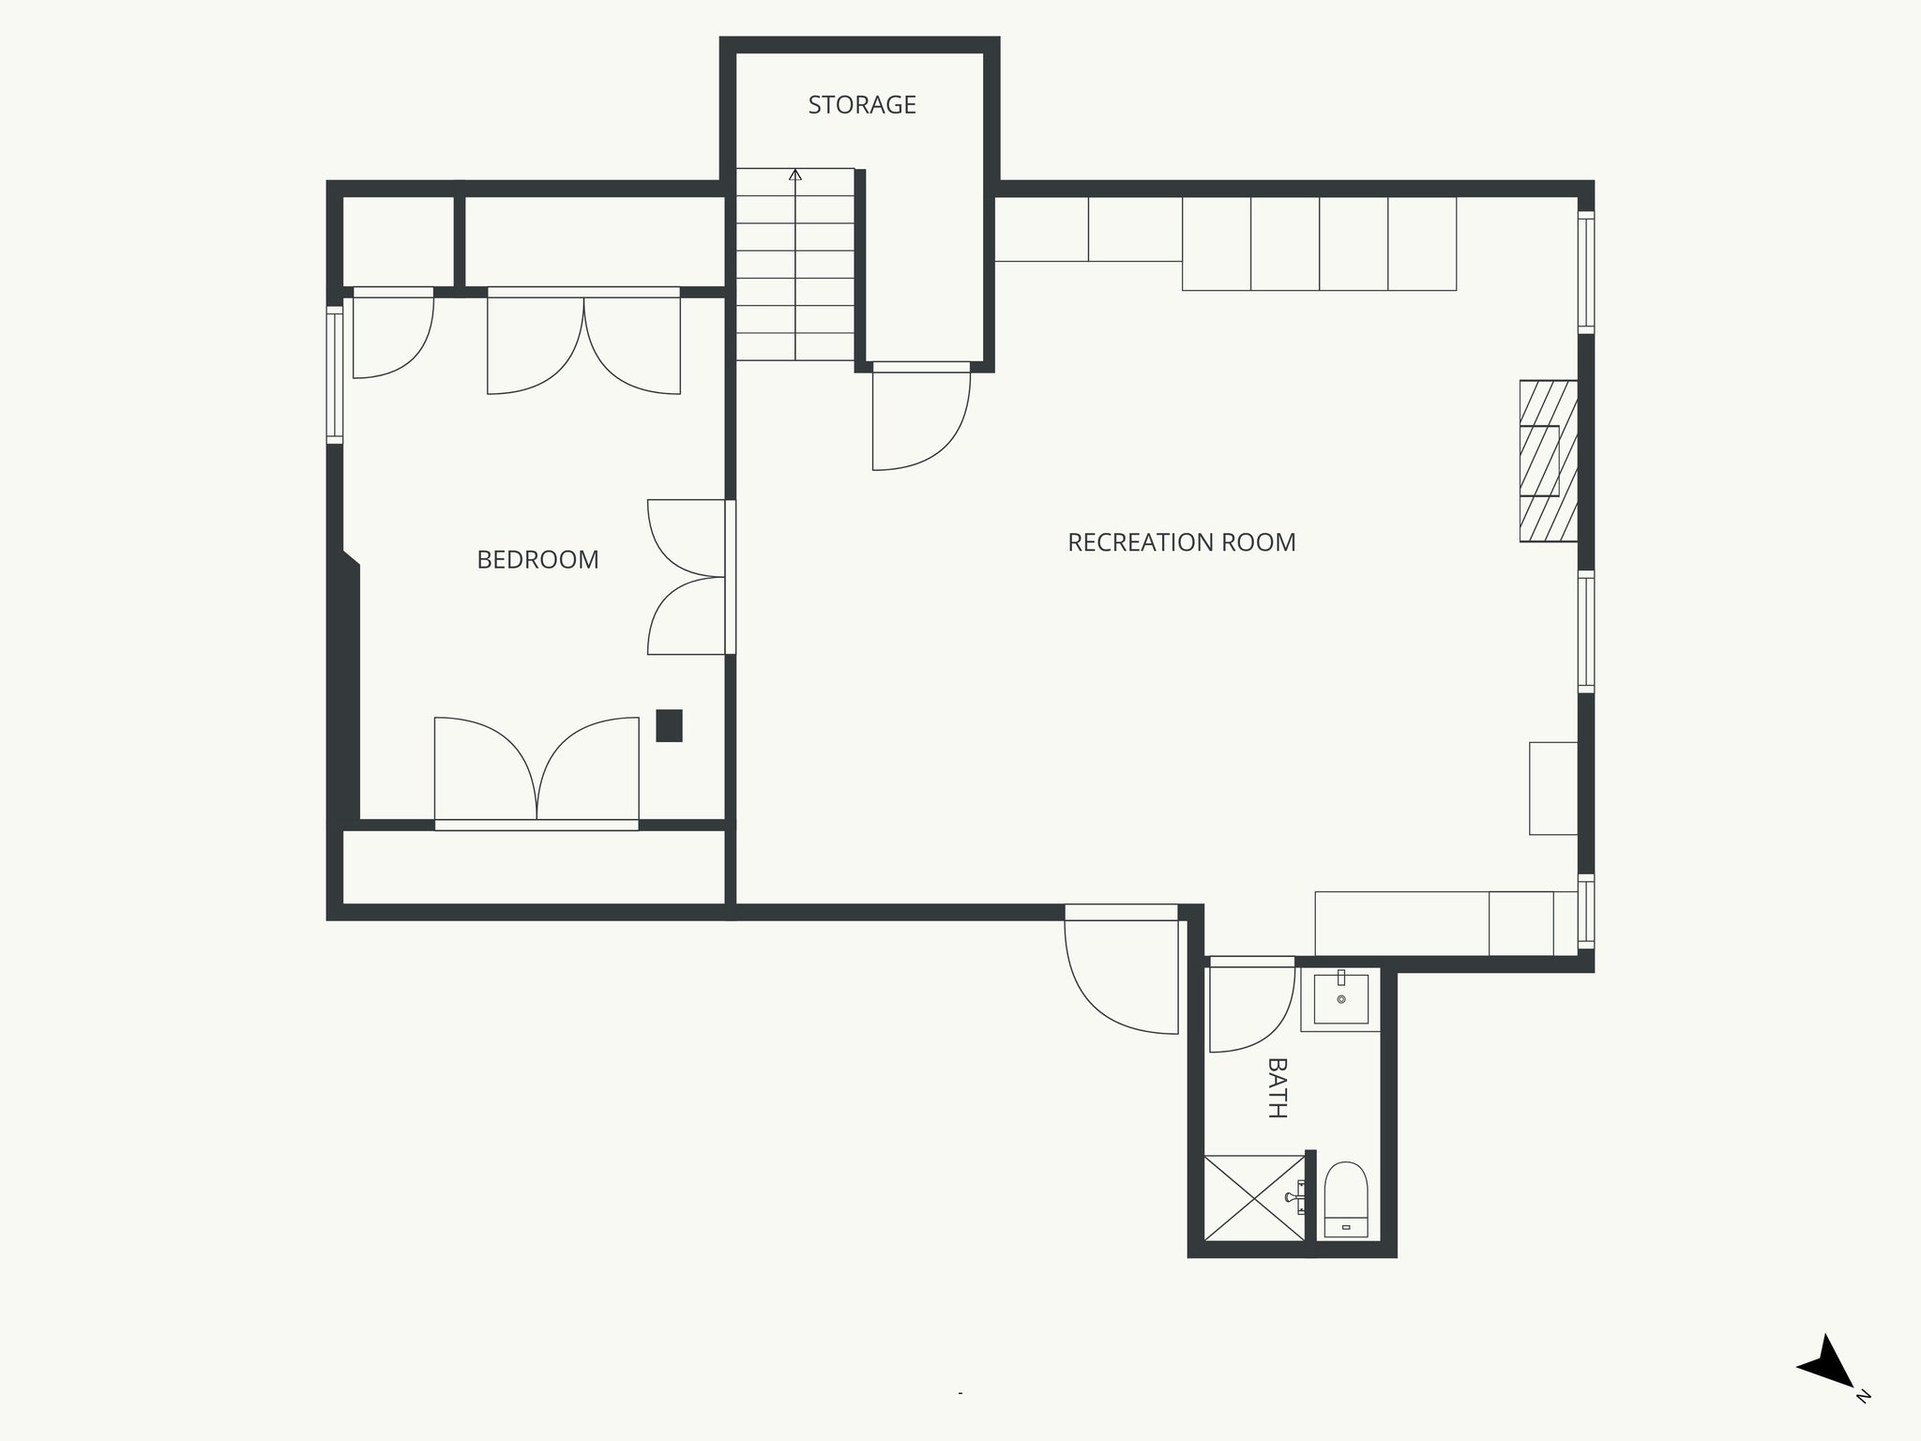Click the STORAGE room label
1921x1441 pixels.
[861, 105]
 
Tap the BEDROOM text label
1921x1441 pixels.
[537, 560]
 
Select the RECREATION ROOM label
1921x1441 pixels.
[1181, 542]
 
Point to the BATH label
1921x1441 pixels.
[1276, 1087]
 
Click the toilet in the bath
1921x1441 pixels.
[1346, 1202]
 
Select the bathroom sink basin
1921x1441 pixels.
[1340, 999]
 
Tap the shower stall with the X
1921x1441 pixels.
[1253, 1198]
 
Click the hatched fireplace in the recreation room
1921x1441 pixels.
[1548, 461]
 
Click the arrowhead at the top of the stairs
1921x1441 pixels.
[795, 174]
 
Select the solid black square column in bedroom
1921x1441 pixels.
[669, 725]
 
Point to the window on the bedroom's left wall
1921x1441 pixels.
[335, 374]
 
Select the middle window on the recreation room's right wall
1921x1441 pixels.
[1585, 632]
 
